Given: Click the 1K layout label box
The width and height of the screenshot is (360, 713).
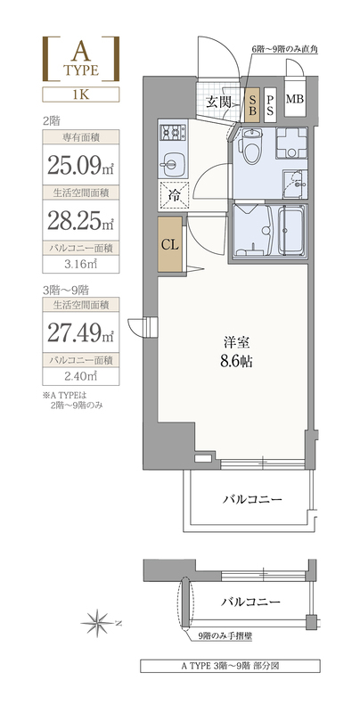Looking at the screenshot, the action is pyautogui.click(x=81, y=94).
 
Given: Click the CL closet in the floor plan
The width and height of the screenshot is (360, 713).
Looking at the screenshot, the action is pyautogui.click(x=170, y=244).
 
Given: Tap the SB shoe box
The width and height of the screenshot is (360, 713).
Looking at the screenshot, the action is pyautogui.click(x=252, y=105).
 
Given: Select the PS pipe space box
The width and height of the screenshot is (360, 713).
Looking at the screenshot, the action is pyautogui.click(x=270, y=105).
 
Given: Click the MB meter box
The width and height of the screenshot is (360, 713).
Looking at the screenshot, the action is pyautogui.click(x=295, y=99).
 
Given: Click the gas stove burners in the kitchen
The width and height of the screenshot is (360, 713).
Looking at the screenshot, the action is pyautogui.click(x=173, y=133).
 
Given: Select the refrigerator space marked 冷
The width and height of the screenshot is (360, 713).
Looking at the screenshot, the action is pyautogui.click(x=173, y=196).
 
